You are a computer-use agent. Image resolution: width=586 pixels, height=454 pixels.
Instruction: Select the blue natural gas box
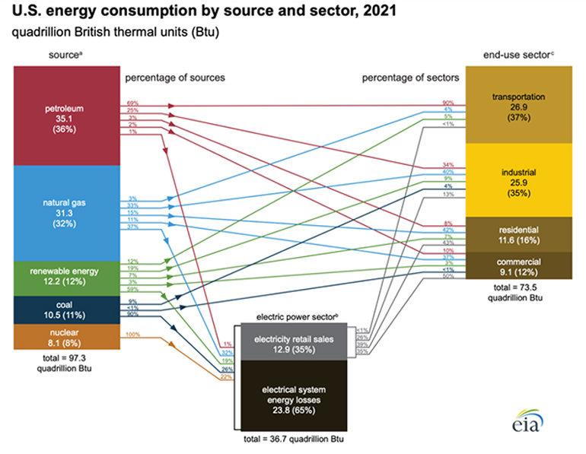click(66, 212)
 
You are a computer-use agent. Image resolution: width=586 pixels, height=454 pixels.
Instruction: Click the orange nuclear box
click(66, 337)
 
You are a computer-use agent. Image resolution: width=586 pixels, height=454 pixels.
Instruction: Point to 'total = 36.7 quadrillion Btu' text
click(290, 440)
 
